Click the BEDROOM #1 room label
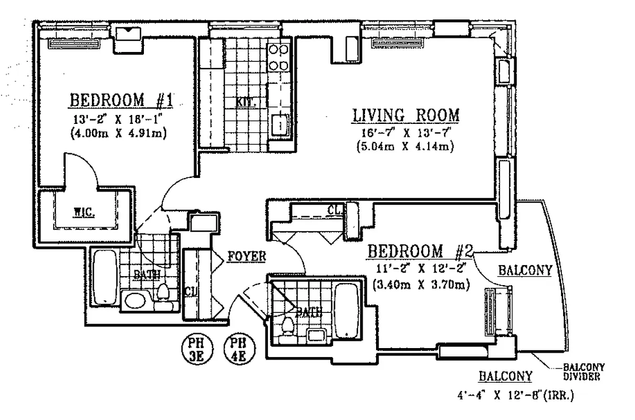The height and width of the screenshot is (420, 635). click(122, 99)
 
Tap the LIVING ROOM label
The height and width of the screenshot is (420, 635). click(405, 114)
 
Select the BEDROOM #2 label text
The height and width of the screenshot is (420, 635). click(420, 251)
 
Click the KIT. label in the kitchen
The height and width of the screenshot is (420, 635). click(245, 102)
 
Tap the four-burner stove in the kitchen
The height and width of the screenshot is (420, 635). click(278, 58)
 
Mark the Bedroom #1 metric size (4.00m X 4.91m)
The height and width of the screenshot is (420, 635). click(118, 133)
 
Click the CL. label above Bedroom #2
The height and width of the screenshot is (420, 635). click(335, 210)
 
